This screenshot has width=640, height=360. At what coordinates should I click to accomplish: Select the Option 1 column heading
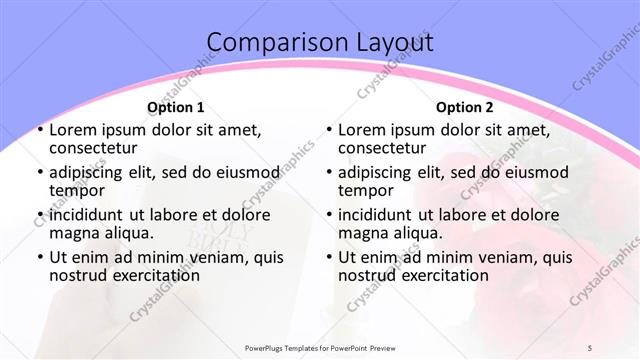(x=176, y=107)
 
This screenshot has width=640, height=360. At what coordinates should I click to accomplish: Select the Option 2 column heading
(x=465, y=107)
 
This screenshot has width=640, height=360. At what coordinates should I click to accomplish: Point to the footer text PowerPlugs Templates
(x=289, y=347)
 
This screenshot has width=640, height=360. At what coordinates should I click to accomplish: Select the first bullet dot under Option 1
(x=39, y=131)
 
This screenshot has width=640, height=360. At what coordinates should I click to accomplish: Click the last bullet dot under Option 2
(x=329, y=257)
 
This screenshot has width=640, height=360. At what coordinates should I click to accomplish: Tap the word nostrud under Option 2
(x=367, y=274)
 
